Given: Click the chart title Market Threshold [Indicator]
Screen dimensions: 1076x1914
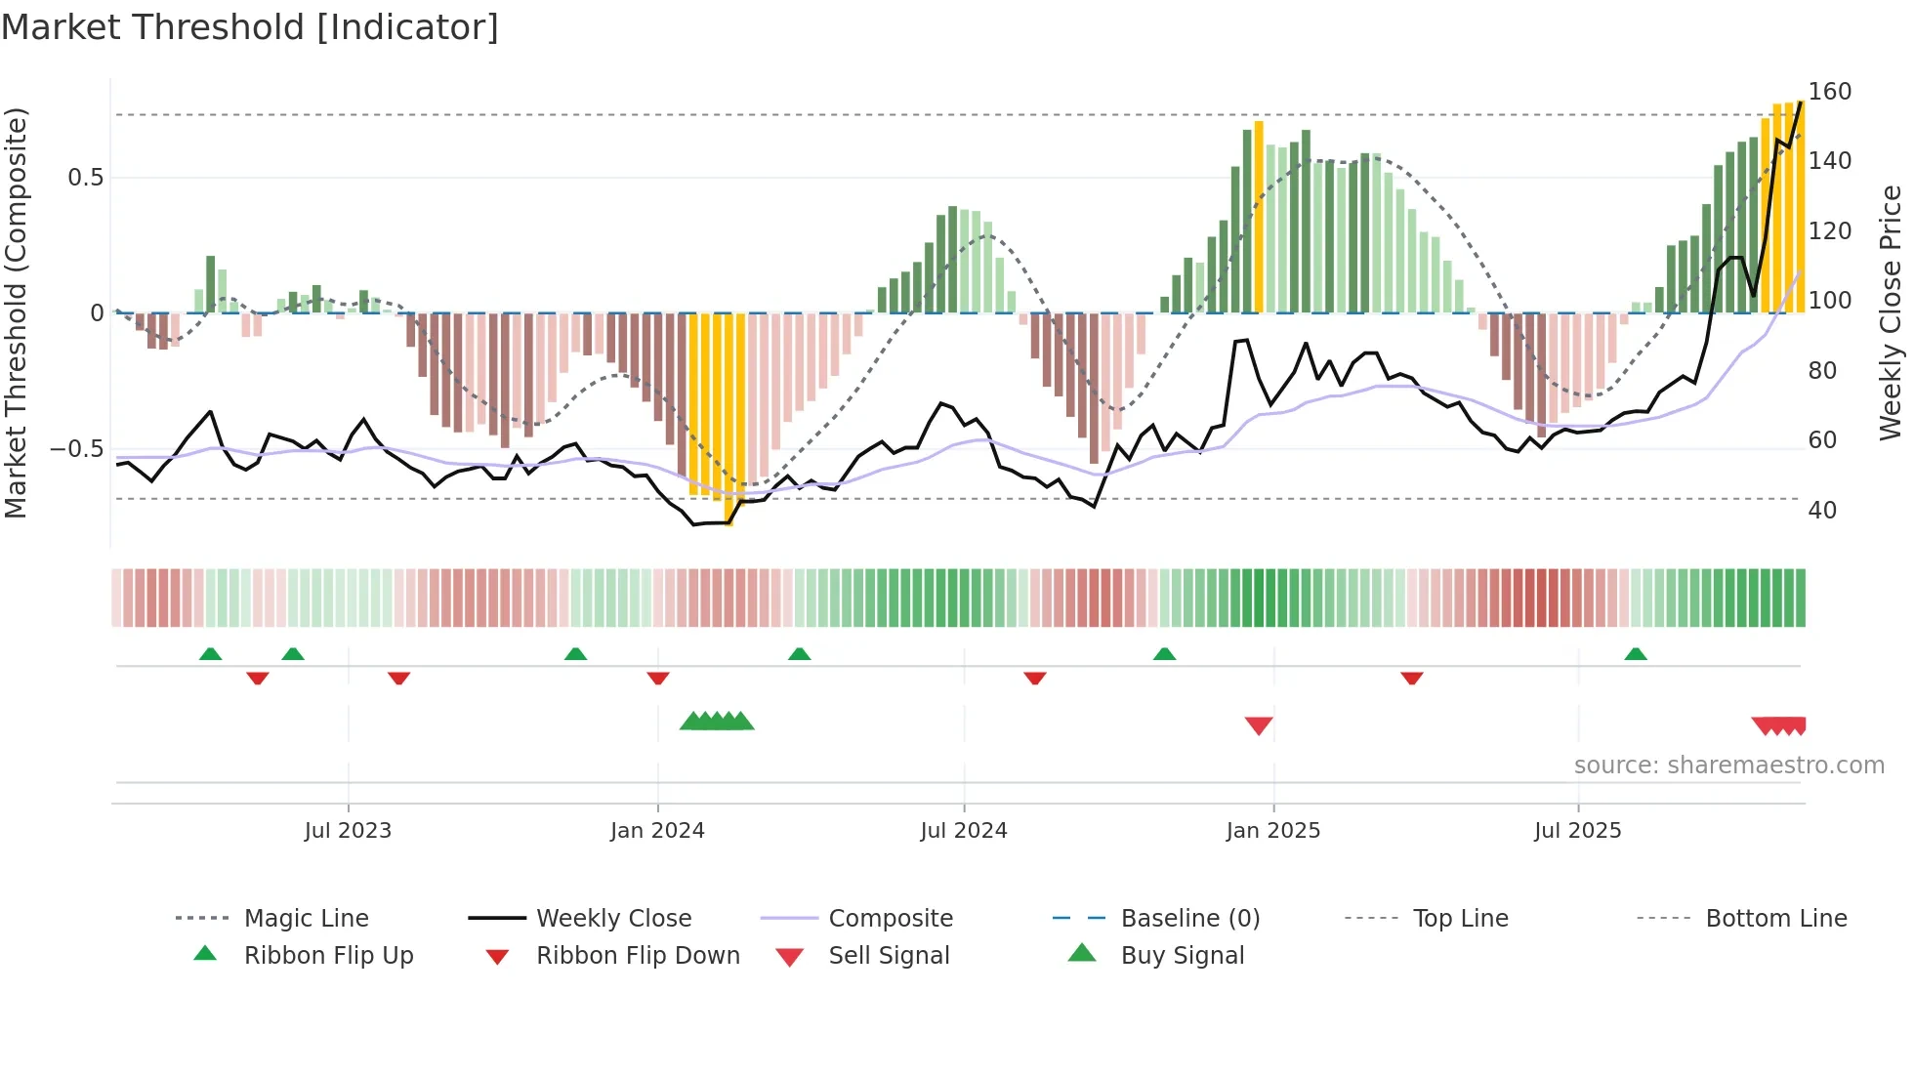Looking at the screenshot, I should tap(250, 27).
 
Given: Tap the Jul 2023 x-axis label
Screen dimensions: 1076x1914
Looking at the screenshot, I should tap(348, 831).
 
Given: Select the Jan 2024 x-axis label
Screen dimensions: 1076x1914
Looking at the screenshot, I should tap(657, 831).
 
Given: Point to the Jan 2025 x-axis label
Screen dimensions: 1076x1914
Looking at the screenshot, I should tap(1272, 831).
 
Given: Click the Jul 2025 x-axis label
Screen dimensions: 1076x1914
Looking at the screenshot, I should tap(1577, 831).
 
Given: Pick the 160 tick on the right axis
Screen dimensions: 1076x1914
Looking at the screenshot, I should tap(1829, 92).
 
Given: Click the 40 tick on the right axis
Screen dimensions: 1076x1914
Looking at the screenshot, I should tap(1822, 511).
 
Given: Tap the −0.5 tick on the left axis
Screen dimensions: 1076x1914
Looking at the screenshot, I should tap(76, 449).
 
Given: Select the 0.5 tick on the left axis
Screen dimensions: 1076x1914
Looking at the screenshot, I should tap(85, 178).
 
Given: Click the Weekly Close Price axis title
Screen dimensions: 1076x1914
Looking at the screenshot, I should tap(1891, 312).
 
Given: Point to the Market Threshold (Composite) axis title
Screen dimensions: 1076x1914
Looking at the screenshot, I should tap(16, 312).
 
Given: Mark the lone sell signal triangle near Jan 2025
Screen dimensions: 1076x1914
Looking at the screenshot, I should tap(1259, 725).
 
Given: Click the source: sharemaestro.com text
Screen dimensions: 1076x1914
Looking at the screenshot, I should tap(1728, 766).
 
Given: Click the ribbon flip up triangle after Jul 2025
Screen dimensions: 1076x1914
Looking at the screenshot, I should tap(1636, 654).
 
